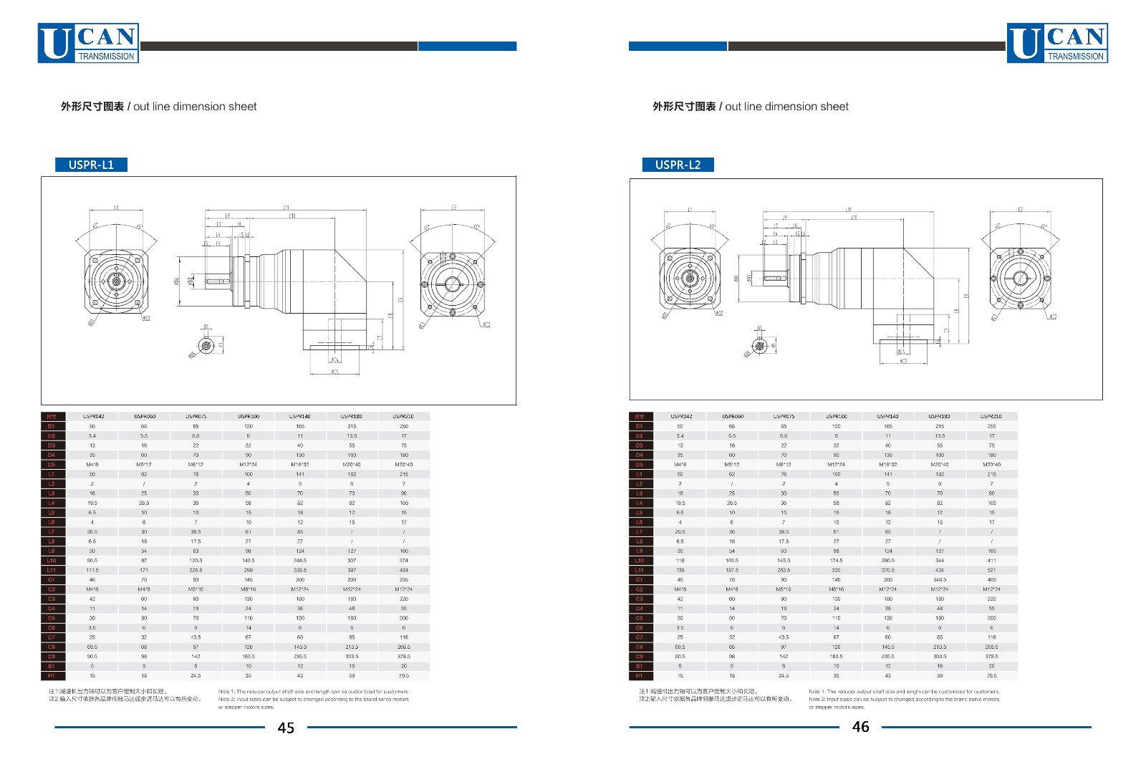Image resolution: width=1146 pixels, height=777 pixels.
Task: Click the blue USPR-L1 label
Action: [91, 165]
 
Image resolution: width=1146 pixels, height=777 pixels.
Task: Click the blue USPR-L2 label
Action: [678, 165]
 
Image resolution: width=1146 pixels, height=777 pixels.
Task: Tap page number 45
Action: [286, 728]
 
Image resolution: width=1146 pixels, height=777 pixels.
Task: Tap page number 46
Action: [860, 727]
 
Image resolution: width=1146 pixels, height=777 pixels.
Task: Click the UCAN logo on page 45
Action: [88, 44]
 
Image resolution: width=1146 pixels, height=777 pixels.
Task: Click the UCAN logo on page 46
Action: [1057, 44]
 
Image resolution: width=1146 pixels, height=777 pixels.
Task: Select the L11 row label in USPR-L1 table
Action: [52, 570]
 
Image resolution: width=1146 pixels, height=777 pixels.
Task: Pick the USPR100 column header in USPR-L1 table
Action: [249, 416]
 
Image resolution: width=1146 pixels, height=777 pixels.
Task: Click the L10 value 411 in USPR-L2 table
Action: [991, 561]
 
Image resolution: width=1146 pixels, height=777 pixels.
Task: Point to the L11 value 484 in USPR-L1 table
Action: [404, 570]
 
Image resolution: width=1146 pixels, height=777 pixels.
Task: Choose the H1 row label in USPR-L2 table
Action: [640, 675]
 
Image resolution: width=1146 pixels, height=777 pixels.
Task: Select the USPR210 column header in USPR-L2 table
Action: [991, 416]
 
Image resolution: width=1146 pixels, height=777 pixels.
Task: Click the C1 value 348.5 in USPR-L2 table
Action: [940, 580]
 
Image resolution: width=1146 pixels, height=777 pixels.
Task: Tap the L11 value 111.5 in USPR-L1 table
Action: [92, 570]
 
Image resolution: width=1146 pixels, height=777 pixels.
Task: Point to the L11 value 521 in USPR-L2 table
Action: [991, 570]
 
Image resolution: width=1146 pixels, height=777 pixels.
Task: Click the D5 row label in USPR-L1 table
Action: [52, 464]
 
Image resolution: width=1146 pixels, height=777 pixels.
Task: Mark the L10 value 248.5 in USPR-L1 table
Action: [300, 561]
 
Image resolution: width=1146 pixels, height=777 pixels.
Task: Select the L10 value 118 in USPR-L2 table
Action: [680, 561]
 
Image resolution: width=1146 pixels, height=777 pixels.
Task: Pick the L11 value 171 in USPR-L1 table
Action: [144, 570]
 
